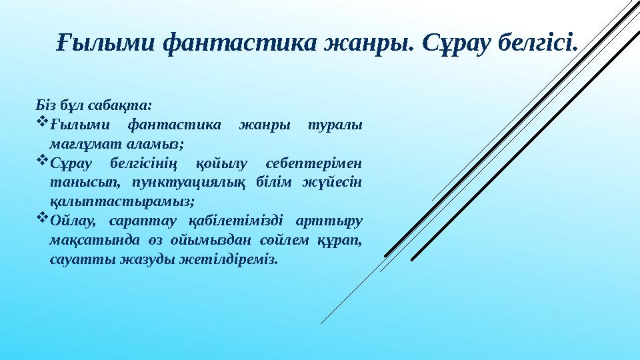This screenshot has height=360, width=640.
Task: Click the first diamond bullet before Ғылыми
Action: [39, 123]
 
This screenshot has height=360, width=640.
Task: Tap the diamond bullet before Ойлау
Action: [39, 219]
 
